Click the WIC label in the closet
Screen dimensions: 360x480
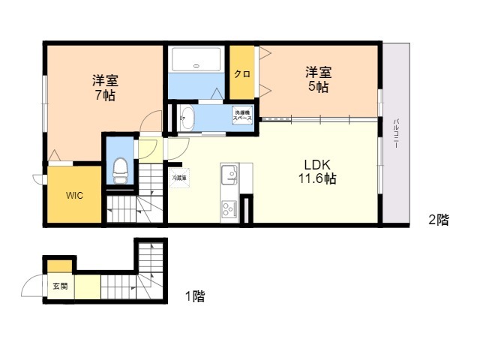click(x=74, y=196)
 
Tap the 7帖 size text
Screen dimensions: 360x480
click(x=105, y=95)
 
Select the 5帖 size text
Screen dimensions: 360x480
click(x=318, y=88)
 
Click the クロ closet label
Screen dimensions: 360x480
click(x=241, y=73)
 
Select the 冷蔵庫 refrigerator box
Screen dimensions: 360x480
click(x=180, y=179)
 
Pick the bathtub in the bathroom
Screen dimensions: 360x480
click(x=196, y=61)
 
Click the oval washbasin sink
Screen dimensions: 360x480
click(x=187, y=118)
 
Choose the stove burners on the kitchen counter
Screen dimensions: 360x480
click(x=228, y=208)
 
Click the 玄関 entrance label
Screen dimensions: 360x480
click(x=59, y=286)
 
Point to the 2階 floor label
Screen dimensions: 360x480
click(x=438, y=220)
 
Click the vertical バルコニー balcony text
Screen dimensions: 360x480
click(x=396, y=135)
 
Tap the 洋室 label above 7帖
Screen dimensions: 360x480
click(x=105, y=80)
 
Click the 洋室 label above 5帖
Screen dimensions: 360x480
click(x=318, y=73)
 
